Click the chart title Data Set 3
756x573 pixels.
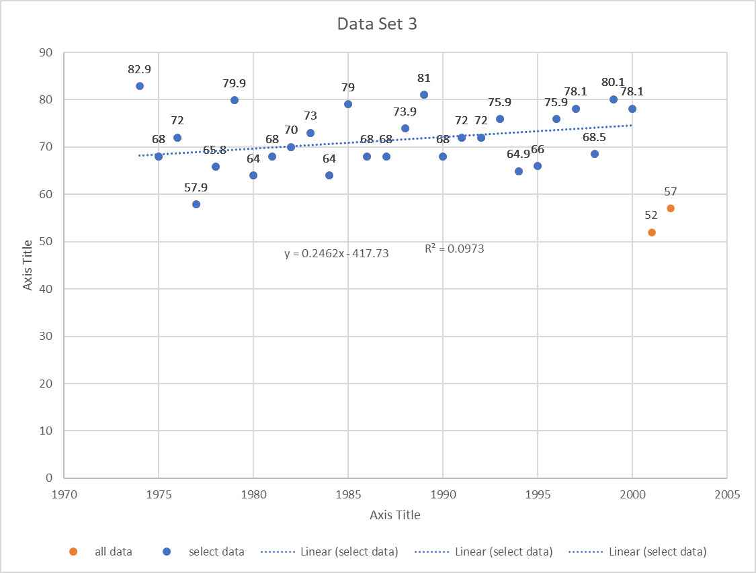click(378, 24)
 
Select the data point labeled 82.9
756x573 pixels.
click(140, 86)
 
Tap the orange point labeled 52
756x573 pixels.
click(652, 232)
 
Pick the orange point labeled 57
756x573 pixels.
click(671, 208)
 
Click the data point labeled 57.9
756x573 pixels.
click(196, 204)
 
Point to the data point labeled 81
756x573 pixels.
click(424, 95)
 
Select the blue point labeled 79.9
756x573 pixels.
click(235, 100)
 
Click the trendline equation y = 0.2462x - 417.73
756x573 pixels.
click(336, 254)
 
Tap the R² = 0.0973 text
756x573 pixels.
click(454, 249)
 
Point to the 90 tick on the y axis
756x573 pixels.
click(46, 52)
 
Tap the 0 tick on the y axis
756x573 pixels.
click(49, 478)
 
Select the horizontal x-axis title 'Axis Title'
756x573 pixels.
click(395, 515)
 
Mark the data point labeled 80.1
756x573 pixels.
click(614, 99)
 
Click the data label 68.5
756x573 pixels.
click(594, 137)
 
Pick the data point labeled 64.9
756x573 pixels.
click(519, 171)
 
